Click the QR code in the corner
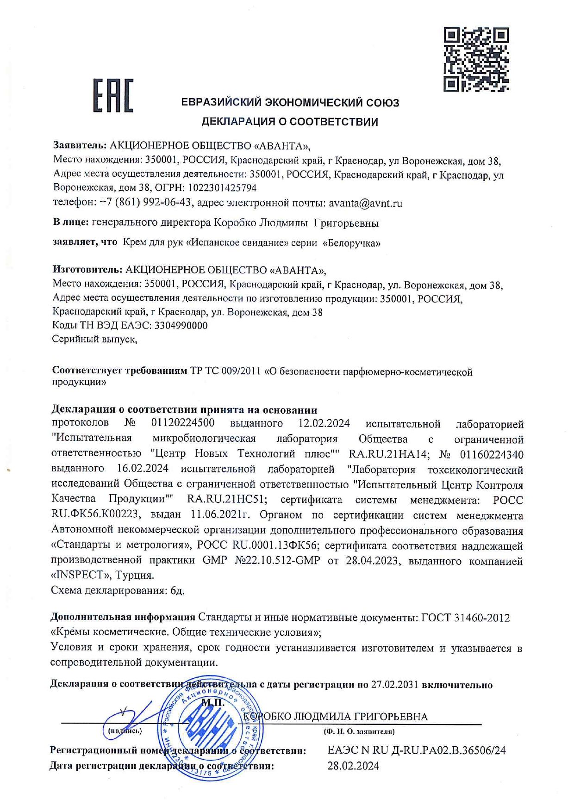coord(476,59)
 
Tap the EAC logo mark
coord(113,96)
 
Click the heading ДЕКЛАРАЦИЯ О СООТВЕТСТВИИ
coord(289,122)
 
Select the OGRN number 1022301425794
coord(221,188)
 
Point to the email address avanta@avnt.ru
coord(365,203)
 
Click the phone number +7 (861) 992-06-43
coord(145,203)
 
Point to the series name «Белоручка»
coord(351,243)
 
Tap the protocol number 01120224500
coord(183,423)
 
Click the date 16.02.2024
coord(143,469)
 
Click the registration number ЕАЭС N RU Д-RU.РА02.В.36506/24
coord(417,750)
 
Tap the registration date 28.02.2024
coord(353,766)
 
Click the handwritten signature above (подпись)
coord(127,716)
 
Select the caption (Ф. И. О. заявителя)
coord(359,732)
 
